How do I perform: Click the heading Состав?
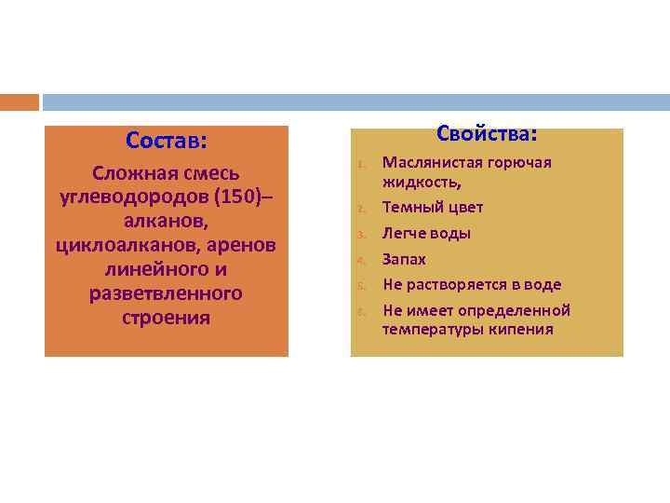point(166,141)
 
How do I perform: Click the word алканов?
point(166,222)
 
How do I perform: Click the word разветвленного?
point(166,294)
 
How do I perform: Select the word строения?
point(166,318)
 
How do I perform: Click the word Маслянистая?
point(431,163)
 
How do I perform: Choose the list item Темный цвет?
point(433,207)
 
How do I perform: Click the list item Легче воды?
point(426,233)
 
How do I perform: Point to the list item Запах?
point(404,259)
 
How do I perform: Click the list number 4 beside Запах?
point(358,260)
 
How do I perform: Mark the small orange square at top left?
point(20,102)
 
